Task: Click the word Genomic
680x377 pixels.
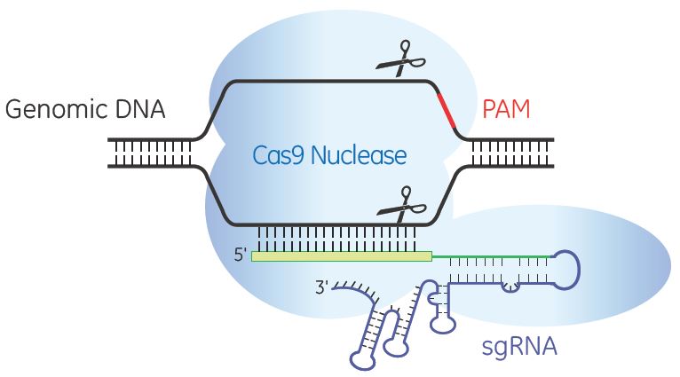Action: pos(57,110)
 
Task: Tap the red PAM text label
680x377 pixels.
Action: pos(506,109)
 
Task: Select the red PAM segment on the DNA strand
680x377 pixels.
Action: pos(447,111)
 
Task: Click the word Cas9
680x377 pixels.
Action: pos(279,155)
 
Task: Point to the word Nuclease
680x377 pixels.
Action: pos(359,155)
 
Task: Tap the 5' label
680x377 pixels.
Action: pos(241,255)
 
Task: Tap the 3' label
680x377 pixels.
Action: pos(321,287)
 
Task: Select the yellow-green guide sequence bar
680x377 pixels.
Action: pos(342,256)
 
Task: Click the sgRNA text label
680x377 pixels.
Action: pos(519,346)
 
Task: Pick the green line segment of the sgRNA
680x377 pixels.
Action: pos(492,256)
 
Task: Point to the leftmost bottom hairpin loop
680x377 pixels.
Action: pos(363,360)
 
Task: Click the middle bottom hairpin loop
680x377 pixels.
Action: pos(396,347)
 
